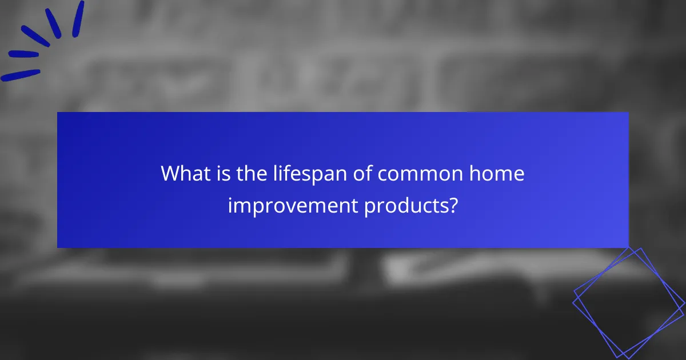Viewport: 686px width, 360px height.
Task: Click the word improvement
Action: coord(293,205)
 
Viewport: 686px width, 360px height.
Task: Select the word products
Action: coord(404,205)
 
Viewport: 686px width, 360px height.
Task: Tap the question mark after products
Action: coord(453,205)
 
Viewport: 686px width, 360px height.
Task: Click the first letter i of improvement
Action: coord(230,205)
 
